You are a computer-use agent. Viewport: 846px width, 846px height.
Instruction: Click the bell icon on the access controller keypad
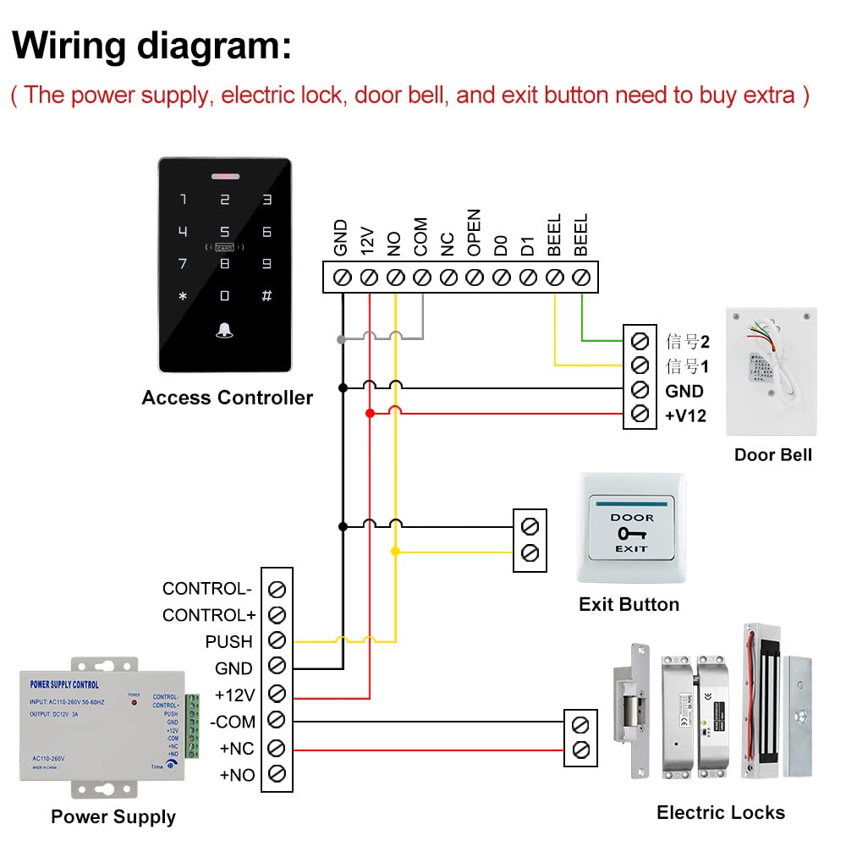tap(224, 330)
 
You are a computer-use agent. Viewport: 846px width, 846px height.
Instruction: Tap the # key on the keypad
tap(266, 296)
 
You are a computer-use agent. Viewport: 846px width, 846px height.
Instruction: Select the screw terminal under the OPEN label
tap(475, 277)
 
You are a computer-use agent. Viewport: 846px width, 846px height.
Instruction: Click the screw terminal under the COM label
tap(421, 277)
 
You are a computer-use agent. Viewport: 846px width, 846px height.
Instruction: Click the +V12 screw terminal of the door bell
tap(640, 415)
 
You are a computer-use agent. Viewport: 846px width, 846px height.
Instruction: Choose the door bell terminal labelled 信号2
tap(640, 341)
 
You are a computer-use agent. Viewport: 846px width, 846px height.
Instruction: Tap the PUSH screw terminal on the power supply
tap(276, 641)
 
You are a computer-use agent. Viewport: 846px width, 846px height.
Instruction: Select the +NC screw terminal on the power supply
tap(276, 747)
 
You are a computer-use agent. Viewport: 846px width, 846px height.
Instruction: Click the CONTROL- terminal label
tap(207, 589)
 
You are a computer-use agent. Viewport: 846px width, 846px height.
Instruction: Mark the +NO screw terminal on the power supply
tap(276, 773)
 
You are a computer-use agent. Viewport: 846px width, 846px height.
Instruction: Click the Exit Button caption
tap(629, 604)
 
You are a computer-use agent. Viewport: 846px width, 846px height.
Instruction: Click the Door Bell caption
tap(772, 454)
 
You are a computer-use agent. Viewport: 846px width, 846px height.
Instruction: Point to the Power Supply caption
tap(113, 816)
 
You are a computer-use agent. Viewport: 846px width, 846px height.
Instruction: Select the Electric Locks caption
tap(721, 813)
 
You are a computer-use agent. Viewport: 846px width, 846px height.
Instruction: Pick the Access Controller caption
tap(228, 398)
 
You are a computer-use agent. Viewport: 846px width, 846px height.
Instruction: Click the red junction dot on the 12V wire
tap(370, 413)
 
